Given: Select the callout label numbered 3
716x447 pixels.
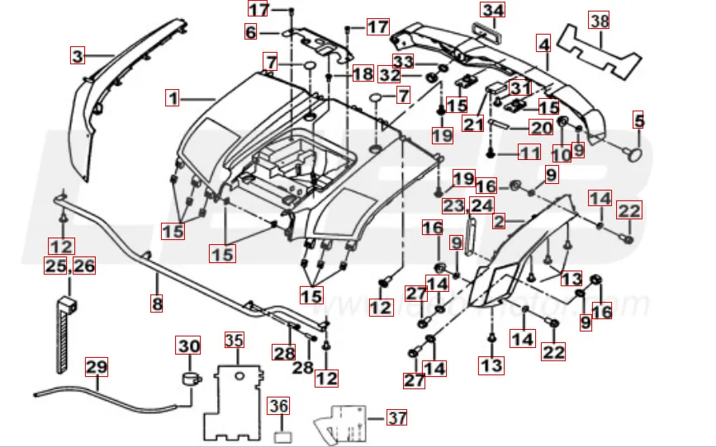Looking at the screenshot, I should tap(78, 56).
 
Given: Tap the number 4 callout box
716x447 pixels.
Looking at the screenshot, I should tap(543, 43).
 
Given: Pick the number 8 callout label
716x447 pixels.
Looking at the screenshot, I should tap(157, 303).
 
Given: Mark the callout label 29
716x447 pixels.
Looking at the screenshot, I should tap(97, 365).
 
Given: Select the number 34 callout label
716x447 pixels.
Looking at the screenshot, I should tap(493, 11).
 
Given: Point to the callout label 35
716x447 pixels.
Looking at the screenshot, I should tap(235, 340).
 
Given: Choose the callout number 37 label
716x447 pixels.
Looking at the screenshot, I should tap(397, 417).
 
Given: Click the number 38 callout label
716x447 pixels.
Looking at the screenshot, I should tap(599, 19).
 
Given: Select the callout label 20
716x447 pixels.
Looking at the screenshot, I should tap(541, 129).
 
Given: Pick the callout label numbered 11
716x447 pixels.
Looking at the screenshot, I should tap(529, 153).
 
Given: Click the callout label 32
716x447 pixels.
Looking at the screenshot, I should tap(389, 75).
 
